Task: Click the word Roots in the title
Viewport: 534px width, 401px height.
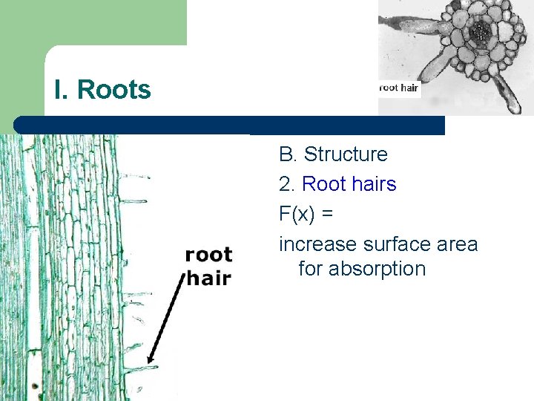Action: [114, 90]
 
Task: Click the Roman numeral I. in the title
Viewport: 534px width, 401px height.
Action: [62, 90]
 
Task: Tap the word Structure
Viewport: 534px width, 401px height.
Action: [346, 154]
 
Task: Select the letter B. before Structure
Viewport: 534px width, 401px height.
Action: [288, 154]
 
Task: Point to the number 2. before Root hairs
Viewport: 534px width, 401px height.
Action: [288, 183]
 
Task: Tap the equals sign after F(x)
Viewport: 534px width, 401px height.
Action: [328, 214]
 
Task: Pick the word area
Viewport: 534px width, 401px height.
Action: [455, 244]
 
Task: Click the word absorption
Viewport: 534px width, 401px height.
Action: [378, 268]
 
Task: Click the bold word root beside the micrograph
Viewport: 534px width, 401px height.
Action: [208, 255]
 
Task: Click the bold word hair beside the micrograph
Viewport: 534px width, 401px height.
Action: [208, 278]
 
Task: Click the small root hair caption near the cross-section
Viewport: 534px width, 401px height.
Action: [399, 88]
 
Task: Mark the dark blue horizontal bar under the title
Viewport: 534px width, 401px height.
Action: [230, 125]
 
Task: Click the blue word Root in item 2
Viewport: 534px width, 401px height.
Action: [323, 183]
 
